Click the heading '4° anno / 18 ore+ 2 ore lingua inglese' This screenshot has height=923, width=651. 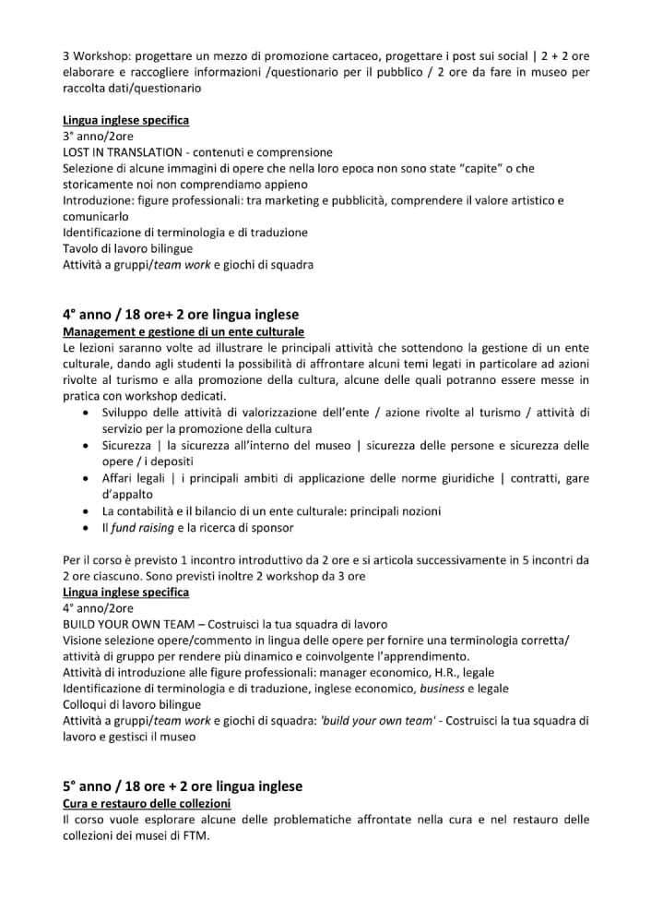[x=181, y=315]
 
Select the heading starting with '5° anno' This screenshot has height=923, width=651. [x=183, y=786]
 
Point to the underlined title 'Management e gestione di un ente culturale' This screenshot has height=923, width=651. [x=183, y=331]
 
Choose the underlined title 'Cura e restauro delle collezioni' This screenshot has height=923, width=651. [x=147, y=803]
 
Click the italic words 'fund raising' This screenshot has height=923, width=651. [x=142, y=528]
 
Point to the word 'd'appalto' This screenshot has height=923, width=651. [x=127, y=495]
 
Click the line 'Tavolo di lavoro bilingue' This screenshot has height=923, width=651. [x=128, y=248]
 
